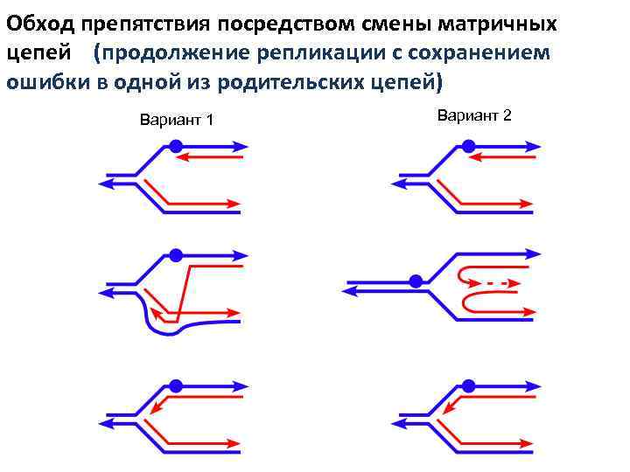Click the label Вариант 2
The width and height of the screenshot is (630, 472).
pos(473,115)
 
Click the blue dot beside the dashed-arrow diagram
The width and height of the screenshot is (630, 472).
pos(416,281)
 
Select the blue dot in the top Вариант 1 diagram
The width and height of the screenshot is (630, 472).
pos(176,147)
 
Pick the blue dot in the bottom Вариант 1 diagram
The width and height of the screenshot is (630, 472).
pos(176,385)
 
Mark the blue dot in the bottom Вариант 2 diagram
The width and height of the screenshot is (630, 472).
pos(468,385)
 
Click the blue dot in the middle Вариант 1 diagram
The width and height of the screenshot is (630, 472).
pos(176,256)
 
